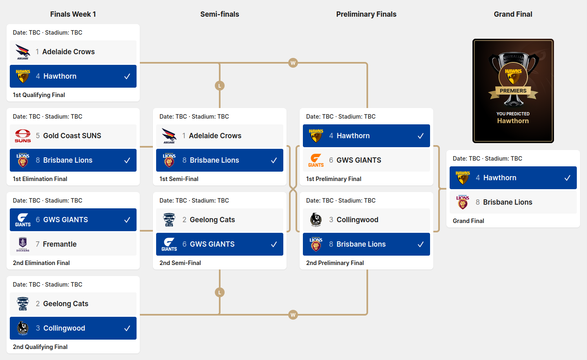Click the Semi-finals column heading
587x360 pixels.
click(x=219, y=14)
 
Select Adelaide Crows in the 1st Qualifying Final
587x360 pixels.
click(x=68, y=52)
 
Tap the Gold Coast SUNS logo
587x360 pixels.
click(x=23, y=136)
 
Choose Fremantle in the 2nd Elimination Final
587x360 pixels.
click(x=60, y=244)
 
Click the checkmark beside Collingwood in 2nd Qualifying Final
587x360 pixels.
click(x=127, y=328)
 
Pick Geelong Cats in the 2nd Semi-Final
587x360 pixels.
click(x=212, y=220)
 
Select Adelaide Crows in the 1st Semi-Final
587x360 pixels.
click(x=215, y=136)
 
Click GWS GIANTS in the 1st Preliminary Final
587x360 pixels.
click(x=359, y=160)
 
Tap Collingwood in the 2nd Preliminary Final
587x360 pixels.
click(x=357, y=220)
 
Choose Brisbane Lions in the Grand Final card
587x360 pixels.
click(x=508, y=202)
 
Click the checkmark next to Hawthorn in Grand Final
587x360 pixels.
click(x=567, y=178)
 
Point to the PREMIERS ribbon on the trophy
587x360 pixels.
click(x=513, y=91)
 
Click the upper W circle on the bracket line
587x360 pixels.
click(x=293, y=63)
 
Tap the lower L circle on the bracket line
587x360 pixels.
click(x=220, y=292)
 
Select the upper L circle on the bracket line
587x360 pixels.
click(x=220, y=86)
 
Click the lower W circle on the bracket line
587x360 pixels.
click(x=293, y=315)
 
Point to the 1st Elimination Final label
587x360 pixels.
click(x=40, y=179)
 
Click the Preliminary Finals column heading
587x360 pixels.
click(x=366, y=14)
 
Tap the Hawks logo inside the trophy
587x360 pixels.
click(x=513, y=76)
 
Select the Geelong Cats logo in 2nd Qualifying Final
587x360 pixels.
click(x=23, y=304)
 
